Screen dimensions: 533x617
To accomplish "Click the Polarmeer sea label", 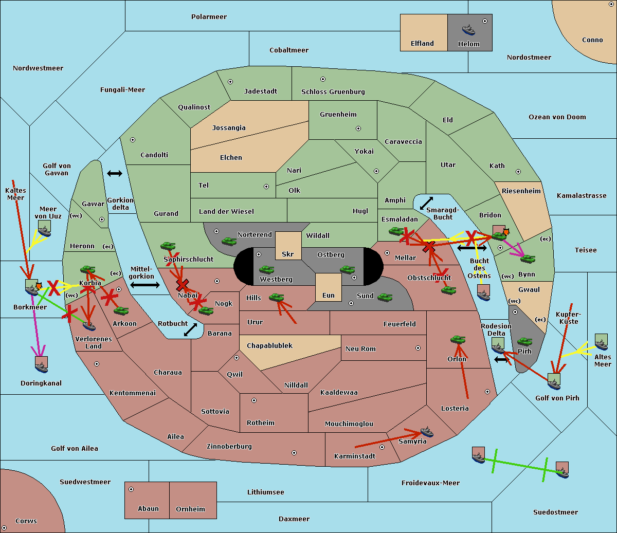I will pyautogui.click(x=209, y=17).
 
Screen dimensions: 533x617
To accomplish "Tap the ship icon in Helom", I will pyautogui.click(x=468, y=29).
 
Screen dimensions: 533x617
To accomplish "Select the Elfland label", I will pyautogui.click(x=422, y=44).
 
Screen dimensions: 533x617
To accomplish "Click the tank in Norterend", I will pyautogui.click(x=229, y=241).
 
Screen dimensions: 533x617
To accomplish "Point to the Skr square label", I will pyautogui.click(x=288, y=254).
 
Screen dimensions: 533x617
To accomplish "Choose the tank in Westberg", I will pyautogui.click(x=266, y=269).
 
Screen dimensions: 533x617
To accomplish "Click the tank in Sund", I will pyautogui.click(x=385, y=297).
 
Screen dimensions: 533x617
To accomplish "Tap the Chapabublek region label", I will pyautogui.click(x=269, y=345).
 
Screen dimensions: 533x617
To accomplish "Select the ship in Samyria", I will pyautogui.click(x=427, y=432).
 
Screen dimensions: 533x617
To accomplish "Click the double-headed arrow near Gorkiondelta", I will pyautogui.click(x=115, y=174).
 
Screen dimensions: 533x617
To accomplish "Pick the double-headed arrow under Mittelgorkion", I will pyautogui.click(x=144, y=285).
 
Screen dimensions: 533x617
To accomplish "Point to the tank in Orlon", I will pyautogui.click(x=458, y=340).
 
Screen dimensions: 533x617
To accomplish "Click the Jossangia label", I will pyautogui.click(x=229, y=128).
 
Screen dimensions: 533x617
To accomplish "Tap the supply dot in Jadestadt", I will pyautogui.click(x=230, y=82).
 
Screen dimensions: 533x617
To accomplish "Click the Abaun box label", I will pyautogui.click(x=148, y=509).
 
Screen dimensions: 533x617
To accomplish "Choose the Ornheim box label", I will pyautogui.click(x=190, y=509).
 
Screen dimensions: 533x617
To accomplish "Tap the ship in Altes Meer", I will pyautogui.click(x=602, y=343).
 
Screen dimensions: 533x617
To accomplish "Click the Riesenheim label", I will pyautogui.click(x=521, y=191).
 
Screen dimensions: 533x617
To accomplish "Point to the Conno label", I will pyautogui.click(x=592, y=40).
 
